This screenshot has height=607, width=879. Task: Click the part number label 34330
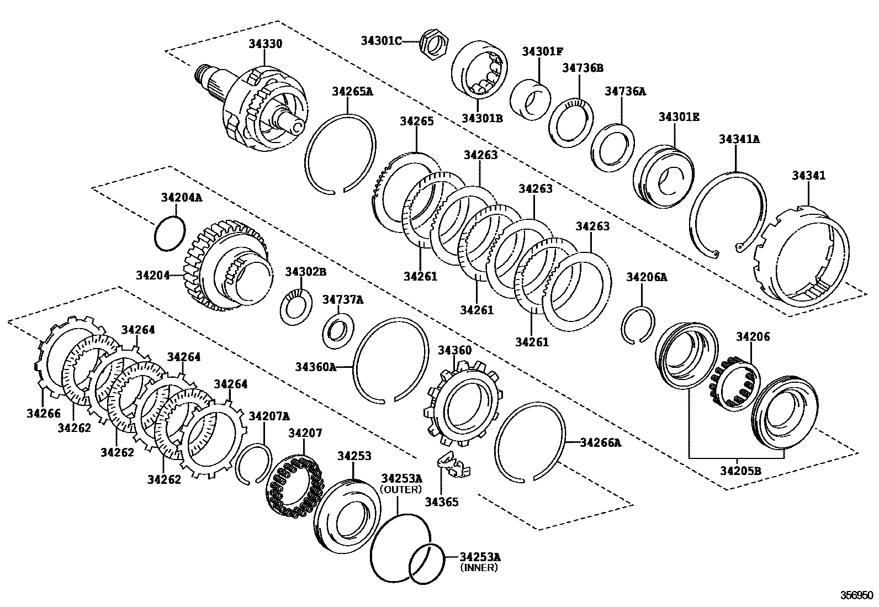click(265, 44)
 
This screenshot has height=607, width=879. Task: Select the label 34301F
click(542, 51)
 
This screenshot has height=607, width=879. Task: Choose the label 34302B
click(305, 271)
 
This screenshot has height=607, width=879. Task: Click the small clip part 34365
click(453, 464)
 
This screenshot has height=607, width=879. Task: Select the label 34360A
click(315, 367)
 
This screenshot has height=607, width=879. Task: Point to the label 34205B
click(740, 471)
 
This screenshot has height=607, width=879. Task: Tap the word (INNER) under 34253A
click(480, 567)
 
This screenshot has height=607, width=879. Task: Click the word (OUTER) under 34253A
click(401, 489)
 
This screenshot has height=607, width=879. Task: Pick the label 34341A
click(739, 139)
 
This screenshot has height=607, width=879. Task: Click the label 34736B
click(583, 68)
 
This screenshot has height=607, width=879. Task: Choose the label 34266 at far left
click(44, 412)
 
